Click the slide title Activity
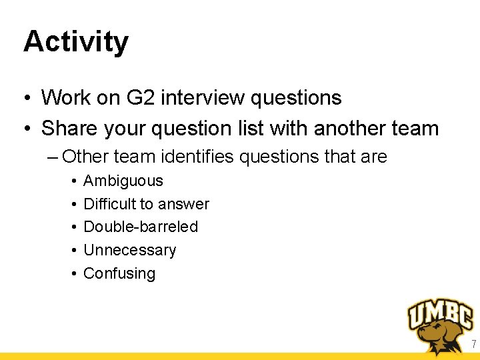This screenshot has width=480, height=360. click(75, 41)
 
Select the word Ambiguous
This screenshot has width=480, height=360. click(123, 181)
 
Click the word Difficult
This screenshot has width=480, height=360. click(110, 204)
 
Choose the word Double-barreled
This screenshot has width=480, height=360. click(140, 227)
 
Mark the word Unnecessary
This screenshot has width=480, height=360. click(129, 250)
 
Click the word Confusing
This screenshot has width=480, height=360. click(119, 273)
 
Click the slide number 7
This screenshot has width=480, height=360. click(473, 345)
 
